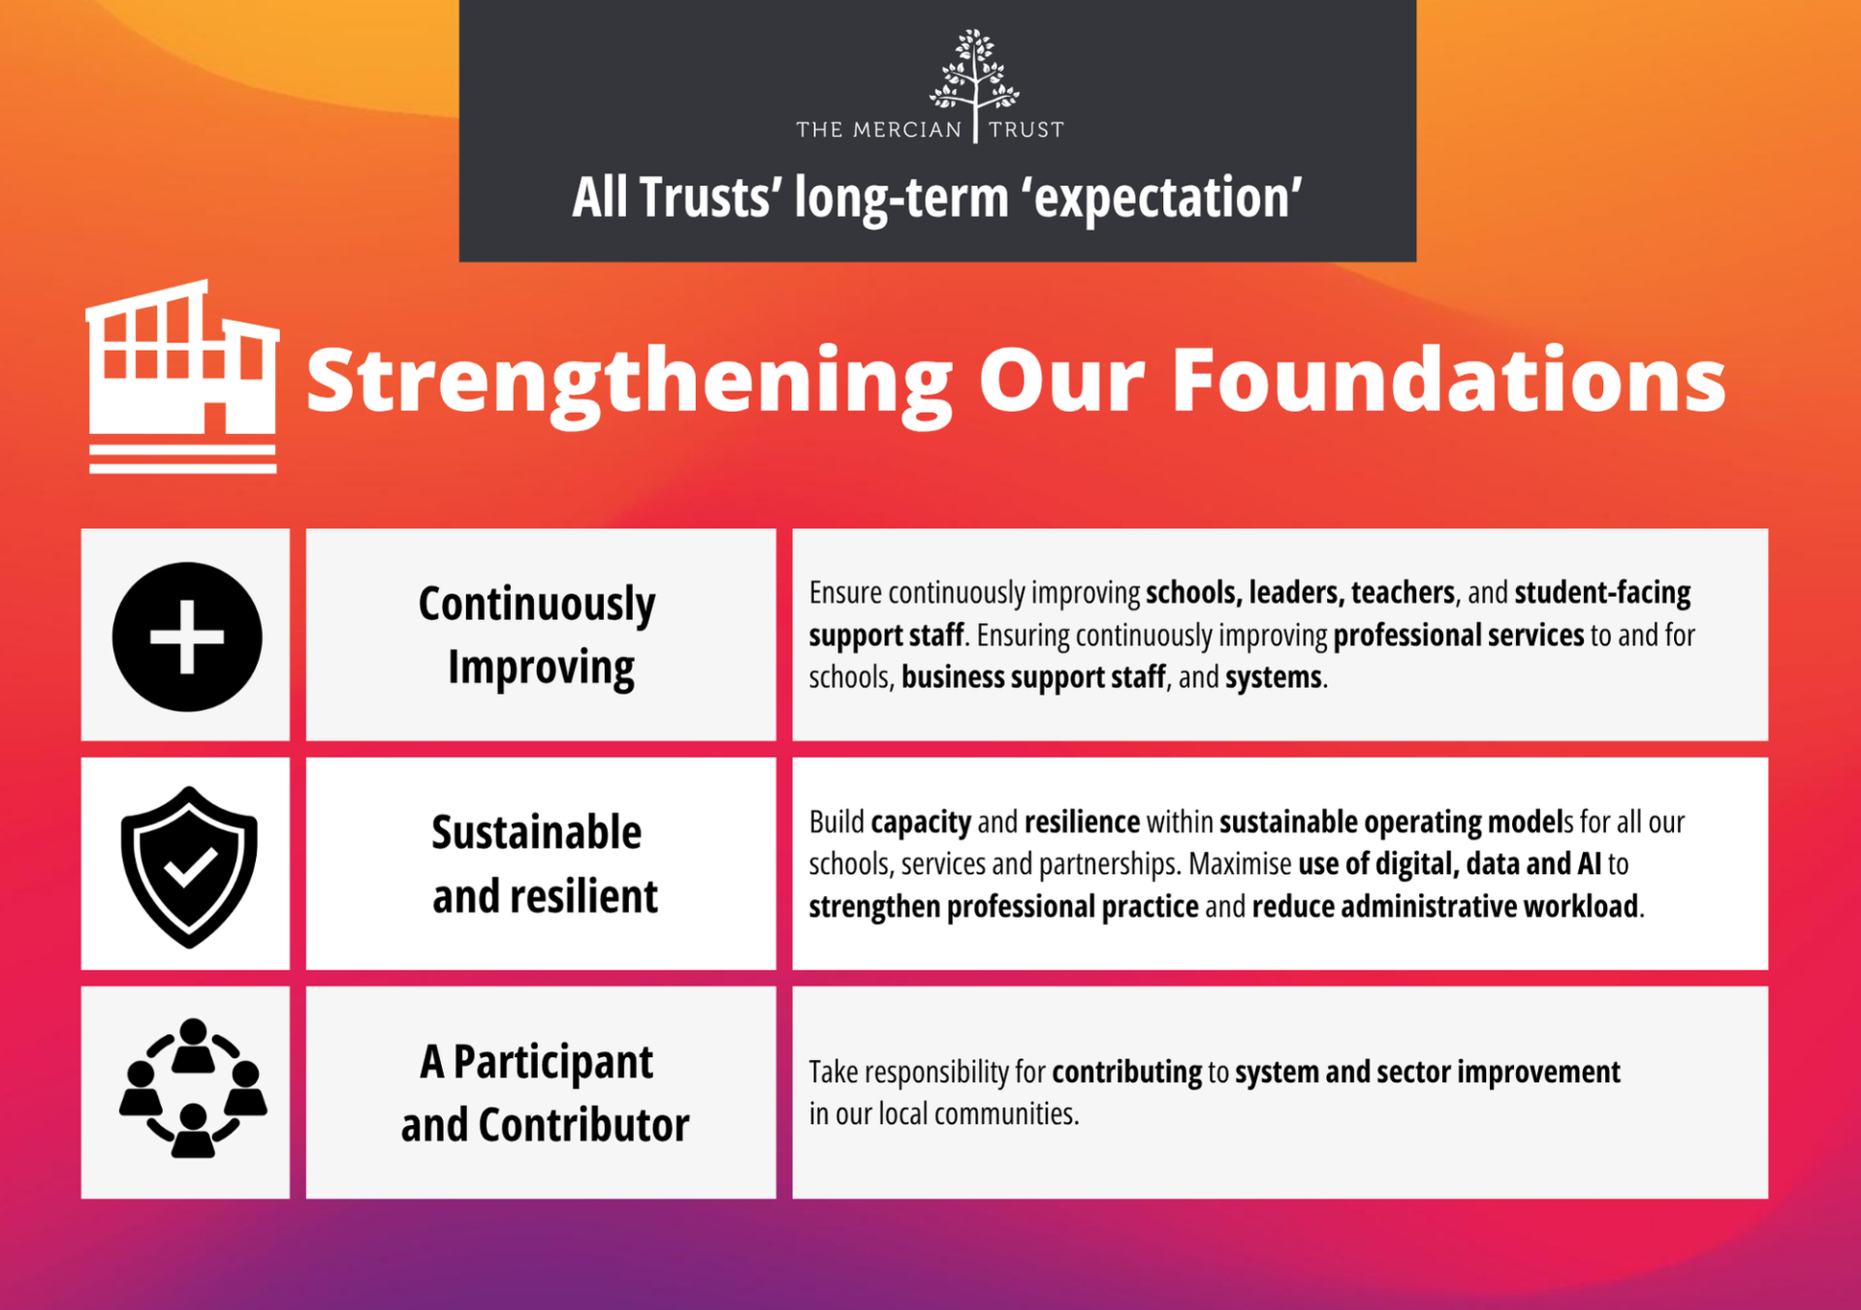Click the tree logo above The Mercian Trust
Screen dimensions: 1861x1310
974,73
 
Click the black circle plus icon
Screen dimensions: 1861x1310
187,637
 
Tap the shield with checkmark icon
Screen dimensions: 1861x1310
189,866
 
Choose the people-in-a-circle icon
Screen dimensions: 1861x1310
193,1087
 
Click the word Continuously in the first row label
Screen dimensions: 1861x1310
537,606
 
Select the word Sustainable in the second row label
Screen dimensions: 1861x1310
536,832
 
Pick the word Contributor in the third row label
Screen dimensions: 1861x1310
584,1125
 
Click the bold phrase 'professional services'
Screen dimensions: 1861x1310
1458,636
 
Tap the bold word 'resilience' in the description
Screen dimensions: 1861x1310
1082,822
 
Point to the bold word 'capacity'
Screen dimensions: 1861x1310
921,823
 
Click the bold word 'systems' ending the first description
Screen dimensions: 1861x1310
1274,677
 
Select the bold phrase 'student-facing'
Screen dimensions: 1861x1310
1602,593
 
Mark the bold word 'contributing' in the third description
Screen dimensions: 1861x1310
1126,1073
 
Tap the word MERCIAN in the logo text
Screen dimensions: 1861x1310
907,130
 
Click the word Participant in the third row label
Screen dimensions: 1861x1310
552,1063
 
